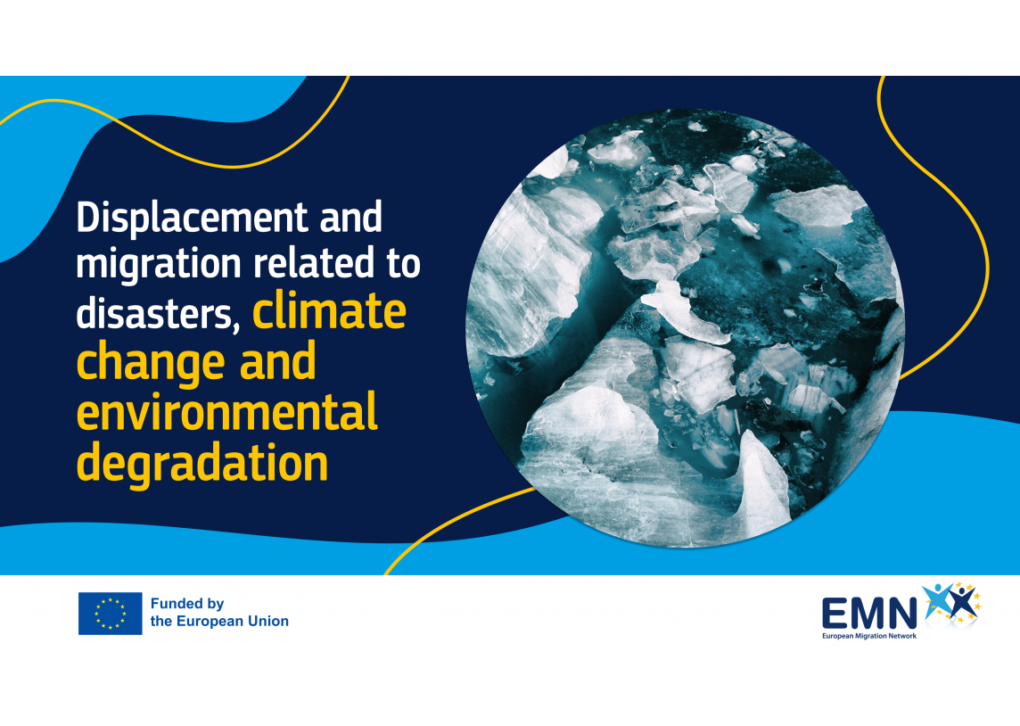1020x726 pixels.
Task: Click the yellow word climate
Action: (x=329, y=311)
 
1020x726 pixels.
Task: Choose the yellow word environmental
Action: (x=227, y=411)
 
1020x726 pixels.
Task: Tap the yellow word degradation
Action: (x=202, y=463)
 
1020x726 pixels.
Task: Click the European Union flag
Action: (x=110, y=613)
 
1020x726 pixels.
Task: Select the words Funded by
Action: (x=187, y=604)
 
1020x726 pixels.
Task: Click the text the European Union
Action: (x=219, y=622)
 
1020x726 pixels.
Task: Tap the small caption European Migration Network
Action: (x=869, y=636)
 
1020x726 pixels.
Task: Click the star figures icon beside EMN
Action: (x=952, y=602)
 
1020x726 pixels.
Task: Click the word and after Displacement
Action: (x=350, y=217)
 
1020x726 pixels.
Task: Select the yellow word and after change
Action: (x=277, y=362)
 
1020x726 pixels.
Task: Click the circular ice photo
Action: (x=685, y=328)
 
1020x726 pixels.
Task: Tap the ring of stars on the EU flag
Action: (x=110, y=614)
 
